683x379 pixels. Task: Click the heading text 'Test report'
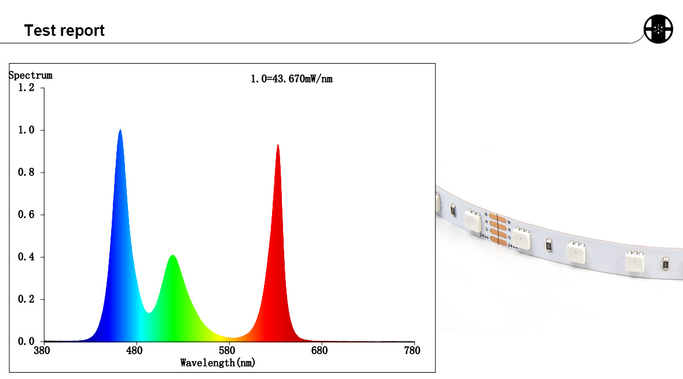tap(64, 31)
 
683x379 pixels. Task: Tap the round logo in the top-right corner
tap(659, 28)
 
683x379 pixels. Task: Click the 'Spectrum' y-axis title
tap(30, 75)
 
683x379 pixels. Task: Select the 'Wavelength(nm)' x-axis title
tap(218, 363)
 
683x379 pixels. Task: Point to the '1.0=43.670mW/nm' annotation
tap(291, 79)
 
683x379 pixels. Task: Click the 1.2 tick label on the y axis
tap(27, 87)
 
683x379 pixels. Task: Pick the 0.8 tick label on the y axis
tap(27, 172)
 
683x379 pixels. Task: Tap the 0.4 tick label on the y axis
tap(27, 257)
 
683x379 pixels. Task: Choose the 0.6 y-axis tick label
tap(27, 215)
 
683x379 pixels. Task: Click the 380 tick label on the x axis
tap(43, 351)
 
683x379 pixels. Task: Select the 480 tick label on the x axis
tap(135, 351)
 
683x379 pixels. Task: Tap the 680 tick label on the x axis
tap(320, 351)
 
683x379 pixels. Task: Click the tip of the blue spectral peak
tap(120, 130)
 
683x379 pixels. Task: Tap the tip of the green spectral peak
tap(172, 255)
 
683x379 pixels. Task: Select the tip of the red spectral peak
tap(278, 145)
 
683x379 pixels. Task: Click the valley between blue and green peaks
tap(149, 312)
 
